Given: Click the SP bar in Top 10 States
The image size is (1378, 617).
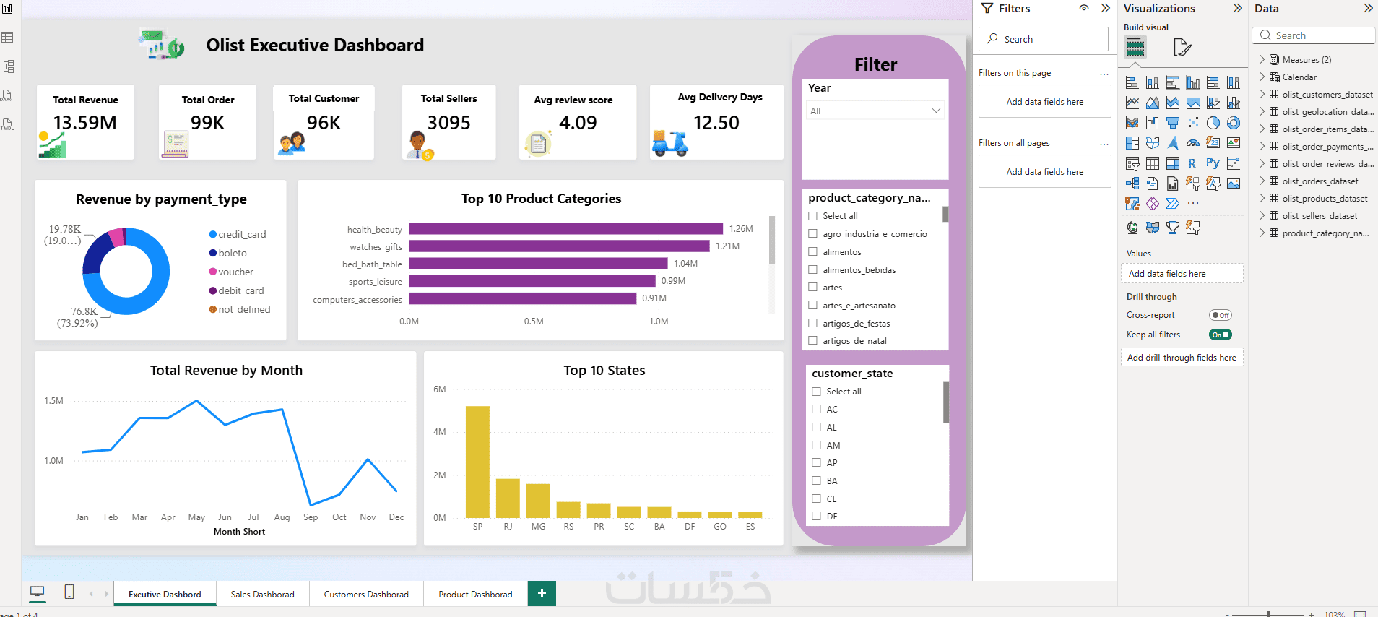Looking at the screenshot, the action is click(x=477, y=462).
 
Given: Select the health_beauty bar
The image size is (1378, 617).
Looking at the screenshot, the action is click(x=565, y=228).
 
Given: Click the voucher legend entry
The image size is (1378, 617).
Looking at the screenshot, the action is click(x=231, y=272).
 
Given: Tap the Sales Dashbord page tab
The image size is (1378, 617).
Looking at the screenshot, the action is click(x=262, y=594).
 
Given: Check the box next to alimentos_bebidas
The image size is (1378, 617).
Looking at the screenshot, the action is click(x=813, y=269).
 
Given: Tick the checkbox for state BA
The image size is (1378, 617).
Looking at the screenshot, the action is click(x=817, y=480).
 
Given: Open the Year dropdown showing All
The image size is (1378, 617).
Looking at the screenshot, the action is click(x=875, y=111).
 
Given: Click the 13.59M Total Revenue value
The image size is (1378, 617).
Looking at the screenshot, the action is click(x=85, y=123).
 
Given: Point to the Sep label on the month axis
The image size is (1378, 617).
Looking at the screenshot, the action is click(x=311, y=517).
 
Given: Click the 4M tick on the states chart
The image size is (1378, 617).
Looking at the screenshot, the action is click(x=439, y=432).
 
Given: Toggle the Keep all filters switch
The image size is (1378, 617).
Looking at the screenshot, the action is click(x=1221, y=335).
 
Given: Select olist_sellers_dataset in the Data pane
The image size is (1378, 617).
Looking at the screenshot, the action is click(x=1319, y=215).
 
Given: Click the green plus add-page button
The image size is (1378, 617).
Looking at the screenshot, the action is click(x=542, y=593).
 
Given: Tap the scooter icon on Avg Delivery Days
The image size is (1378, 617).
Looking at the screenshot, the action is click(x=670, y=143).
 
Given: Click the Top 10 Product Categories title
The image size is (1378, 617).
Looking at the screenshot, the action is click(x=542, y=199).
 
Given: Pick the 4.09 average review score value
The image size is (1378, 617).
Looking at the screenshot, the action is click(x=578, y=123).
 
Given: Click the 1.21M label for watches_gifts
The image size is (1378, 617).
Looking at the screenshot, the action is click(x=727, y=246).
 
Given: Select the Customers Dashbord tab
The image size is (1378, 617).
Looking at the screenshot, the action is click(x=366, y=594).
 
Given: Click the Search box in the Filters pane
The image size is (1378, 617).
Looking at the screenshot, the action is click(x=1044, y=39).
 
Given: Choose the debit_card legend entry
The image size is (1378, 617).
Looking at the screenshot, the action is click(x=236, y=290).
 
